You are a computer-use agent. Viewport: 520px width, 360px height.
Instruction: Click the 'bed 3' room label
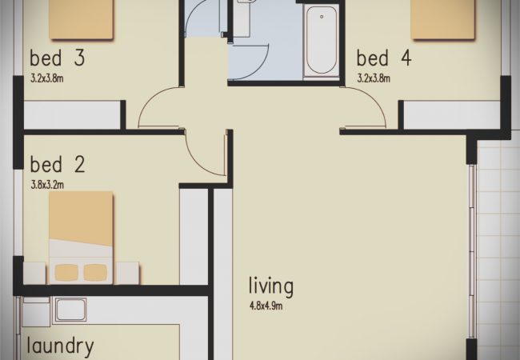58,58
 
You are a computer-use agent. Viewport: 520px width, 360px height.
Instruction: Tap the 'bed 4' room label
384,58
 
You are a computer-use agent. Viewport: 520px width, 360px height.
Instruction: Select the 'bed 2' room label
58,164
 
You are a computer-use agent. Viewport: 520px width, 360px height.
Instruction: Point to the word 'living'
271,286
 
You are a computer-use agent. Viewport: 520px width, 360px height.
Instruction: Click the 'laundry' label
60,346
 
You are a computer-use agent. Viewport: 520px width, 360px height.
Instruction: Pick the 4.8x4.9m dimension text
266,306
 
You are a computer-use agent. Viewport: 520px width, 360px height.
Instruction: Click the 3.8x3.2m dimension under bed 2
47,185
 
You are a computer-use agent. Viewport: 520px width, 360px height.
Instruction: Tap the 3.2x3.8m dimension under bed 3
47,78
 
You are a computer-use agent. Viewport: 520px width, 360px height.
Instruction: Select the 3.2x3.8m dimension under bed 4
374,78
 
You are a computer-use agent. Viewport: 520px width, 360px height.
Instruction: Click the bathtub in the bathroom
321,41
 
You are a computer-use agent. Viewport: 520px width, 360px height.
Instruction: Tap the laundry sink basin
70,310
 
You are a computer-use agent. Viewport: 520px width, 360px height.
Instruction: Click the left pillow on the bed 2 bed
66,273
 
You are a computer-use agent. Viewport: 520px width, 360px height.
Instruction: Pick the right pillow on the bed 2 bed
95,273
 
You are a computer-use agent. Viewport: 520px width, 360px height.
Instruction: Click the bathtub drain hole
322,17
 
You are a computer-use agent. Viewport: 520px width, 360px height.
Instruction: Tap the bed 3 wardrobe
72,114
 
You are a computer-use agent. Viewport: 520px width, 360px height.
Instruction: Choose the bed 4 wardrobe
452,114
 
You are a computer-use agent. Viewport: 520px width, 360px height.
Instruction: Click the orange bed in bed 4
442,19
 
